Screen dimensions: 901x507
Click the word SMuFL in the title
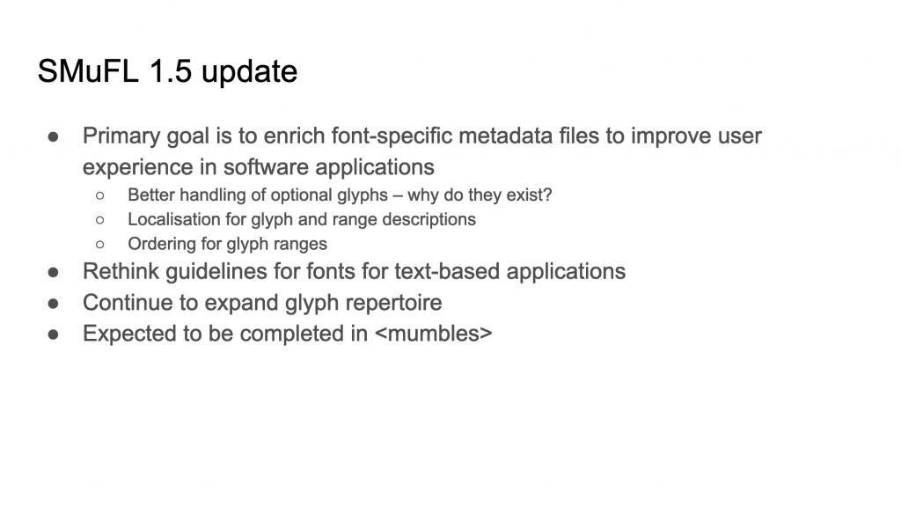pos(88,71)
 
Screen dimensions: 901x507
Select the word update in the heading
pos(249,73)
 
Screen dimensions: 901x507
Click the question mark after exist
pos(547,195)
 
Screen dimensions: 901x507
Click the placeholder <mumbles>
pos(433,334)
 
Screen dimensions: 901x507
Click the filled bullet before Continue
pos(54,304)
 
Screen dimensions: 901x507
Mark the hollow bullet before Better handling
pos(100,196)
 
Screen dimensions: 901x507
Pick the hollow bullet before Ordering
pos(100,245)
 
